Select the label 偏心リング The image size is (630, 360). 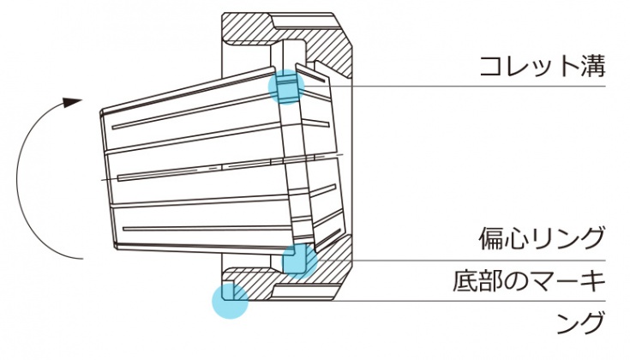click(542, 237)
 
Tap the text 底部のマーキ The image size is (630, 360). click(530, 280)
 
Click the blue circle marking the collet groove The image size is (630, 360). click(285, 87)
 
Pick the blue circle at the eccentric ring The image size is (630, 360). click(298, 260)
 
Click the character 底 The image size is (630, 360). click(466, 280)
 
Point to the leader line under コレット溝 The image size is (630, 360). click(480, 85)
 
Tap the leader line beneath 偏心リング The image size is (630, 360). click(480, 259)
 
